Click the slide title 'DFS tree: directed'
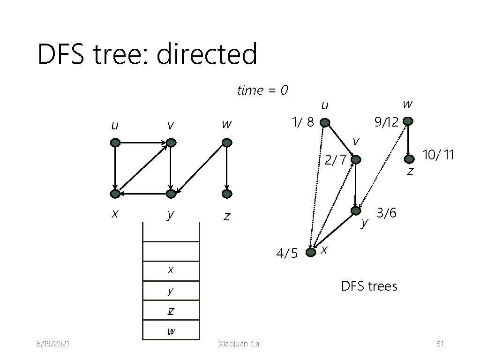147,54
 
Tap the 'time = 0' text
262,90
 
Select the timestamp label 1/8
302,122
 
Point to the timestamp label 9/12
386,122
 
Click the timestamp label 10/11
438,154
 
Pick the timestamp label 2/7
336,160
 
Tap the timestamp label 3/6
387,213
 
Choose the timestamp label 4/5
287,254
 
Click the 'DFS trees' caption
369,286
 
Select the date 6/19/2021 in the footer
53,344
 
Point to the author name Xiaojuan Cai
240,344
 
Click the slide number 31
440,344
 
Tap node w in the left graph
227,142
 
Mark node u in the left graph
115,142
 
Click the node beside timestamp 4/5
310,253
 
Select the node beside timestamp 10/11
409,159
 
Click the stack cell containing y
171,291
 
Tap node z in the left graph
227,194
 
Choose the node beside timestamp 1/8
324,123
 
